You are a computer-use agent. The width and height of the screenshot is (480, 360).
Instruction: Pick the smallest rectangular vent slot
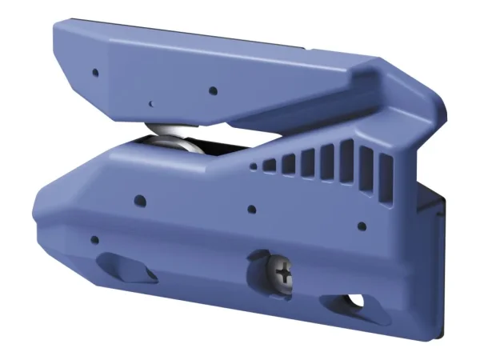click(x=270, y=166)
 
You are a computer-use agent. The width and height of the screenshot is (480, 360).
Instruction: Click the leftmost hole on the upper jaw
click(x=94, y=72)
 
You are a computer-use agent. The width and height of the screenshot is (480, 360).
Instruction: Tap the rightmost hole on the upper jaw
click(x=211, y=90)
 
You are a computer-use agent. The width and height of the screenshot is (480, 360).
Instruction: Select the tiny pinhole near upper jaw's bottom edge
click(x=150, y=102)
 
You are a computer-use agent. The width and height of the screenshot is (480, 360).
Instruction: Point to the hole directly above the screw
click(x=251, y=210)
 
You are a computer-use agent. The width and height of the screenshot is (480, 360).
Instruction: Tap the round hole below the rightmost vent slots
click(x=362, y=226)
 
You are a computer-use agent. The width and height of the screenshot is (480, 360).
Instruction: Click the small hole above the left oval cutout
click(x=94, y=239)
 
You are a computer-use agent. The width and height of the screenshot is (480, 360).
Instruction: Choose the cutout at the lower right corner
click(x=342, y=302)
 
